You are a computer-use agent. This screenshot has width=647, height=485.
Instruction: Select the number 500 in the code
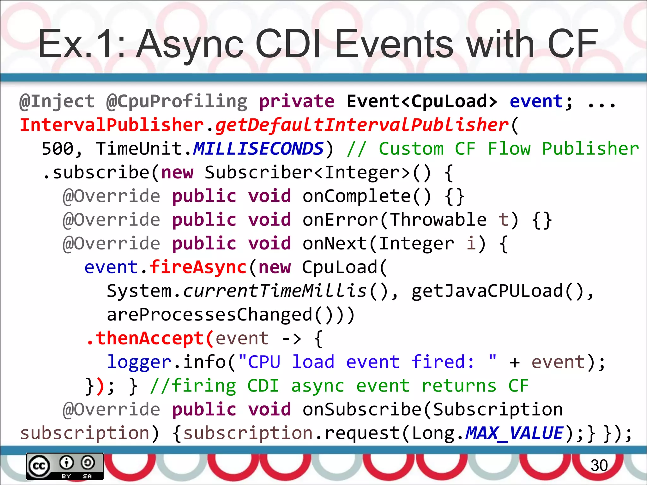point(57,149)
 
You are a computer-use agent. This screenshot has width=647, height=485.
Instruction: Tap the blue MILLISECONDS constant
point(258,149)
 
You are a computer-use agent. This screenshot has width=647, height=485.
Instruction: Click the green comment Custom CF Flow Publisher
point(509,149)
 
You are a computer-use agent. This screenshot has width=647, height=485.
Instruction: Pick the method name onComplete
point(357,196)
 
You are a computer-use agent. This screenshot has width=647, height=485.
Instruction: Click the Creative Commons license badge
point(65,466)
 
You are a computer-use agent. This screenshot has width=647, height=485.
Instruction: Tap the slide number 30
point(599,465)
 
